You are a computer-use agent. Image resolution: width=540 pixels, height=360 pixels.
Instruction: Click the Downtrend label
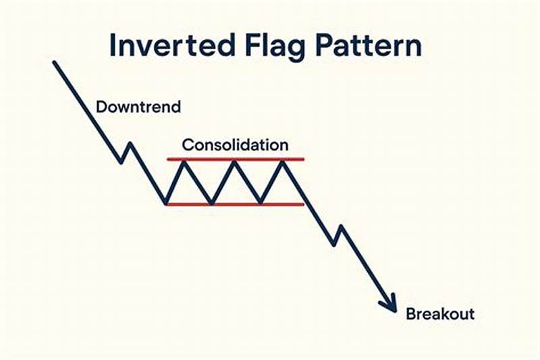click(138, 107)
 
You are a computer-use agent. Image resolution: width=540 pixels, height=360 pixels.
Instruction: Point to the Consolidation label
click(236, 145)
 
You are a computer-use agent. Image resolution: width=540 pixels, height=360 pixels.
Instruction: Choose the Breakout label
click(439, 314)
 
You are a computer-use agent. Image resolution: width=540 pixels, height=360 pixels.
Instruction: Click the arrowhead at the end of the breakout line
click(391, 305)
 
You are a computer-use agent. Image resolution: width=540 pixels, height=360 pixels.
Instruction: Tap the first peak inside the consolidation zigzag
click(187, 161)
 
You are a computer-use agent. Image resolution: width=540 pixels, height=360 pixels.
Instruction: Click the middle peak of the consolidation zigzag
click(234, 161)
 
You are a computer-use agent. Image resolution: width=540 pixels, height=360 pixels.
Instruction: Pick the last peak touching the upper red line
click(282, 161)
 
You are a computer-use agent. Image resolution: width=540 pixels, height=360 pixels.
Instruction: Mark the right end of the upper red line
click(303, 159)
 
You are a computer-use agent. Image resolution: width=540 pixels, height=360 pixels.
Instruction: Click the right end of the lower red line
click(303, 204)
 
